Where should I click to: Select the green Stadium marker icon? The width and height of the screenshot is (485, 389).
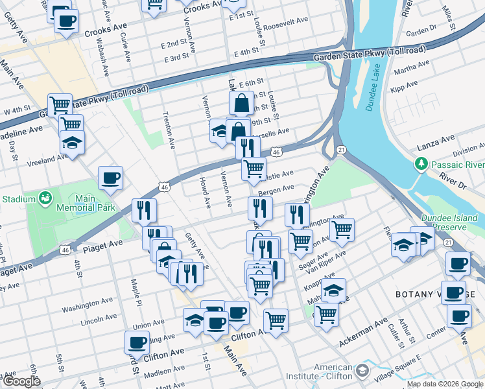pos(45,196)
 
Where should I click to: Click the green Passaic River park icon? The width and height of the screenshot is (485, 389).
pos(422,163)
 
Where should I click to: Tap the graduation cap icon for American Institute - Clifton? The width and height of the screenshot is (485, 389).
pos(362,371)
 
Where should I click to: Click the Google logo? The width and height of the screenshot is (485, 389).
pos(21,381)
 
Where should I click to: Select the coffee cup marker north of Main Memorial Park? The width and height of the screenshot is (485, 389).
pos(110,178)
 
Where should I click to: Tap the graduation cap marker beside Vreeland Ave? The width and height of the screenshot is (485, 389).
pos(72,143)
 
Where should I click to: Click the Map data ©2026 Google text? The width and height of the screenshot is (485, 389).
pos(445,384)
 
